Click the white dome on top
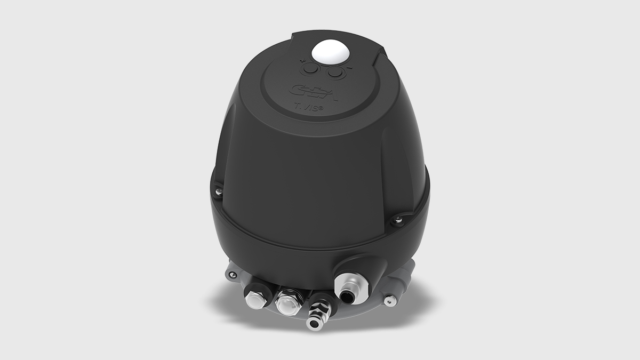(x=329, y=52)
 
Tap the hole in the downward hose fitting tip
(x=314, y=323)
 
